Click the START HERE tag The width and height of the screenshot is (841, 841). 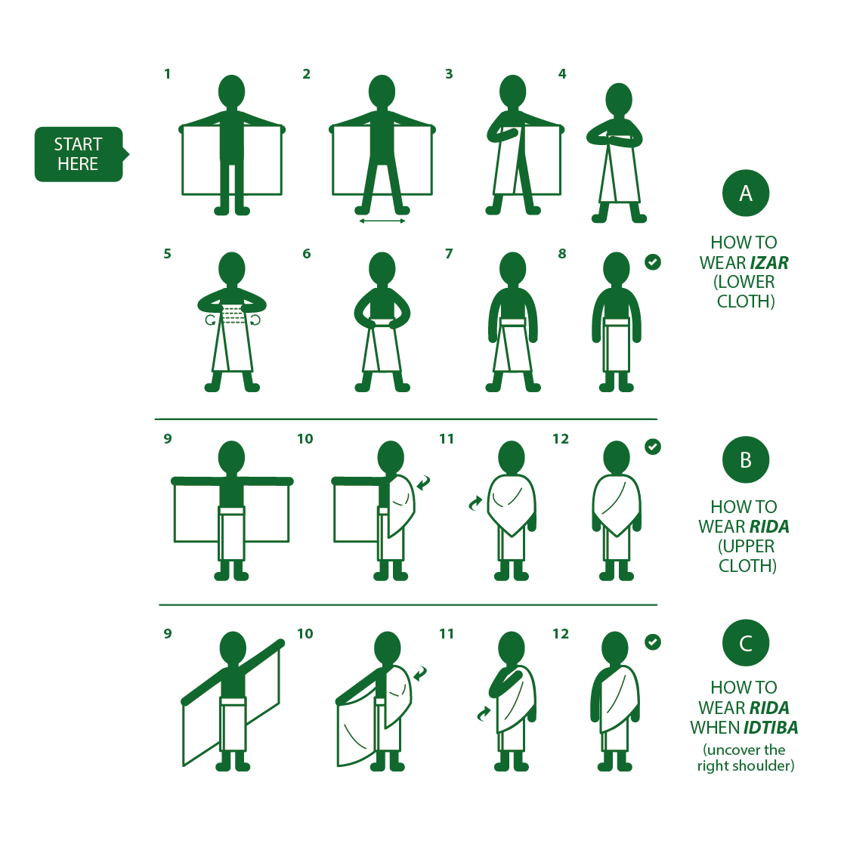point(79,154)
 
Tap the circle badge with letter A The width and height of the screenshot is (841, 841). point(745,193)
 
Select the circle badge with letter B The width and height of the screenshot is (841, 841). point(745,459)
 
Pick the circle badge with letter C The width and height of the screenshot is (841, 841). point(745,643)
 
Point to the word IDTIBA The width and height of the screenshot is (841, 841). point(771,728)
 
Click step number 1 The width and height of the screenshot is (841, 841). point(167,74)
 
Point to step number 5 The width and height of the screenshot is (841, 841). point(167,254)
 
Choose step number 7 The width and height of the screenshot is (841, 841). point(449,254)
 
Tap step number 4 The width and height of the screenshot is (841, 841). point(562,74)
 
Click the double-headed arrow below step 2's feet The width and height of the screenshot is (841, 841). point(382,221)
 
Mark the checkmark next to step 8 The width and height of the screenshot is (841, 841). point(653,262)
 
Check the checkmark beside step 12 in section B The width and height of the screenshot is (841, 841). point(653,447)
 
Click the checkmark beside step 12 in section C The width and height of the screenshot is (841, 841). point(653,642)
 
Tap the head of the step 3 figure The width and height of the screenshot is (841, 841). point(513,91)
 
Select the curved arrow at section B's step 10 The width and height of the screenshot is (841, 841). point(423,482)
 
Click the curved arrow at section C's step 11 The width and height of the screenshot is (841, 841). point(484,713)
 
